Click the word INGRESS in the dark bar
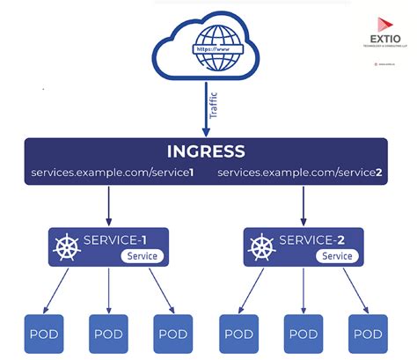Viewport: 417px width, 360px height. (207, 151)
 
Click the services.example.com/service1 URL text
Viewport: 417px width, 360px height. (112, 173)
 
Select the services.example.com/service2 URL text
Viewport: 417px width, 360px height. (299, 173)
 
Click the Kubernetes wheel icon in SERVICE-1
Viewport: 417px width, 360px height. (66, 246)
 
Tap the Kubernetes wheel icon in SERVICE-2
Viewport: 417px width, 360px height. (261, 246)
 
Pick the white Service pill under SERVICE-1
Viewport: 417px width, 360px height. (141, 256)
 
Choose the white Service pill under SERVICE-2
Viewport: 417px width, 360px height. (336, 256)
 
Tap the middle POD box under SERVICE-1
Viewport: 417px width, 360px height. (107, 334)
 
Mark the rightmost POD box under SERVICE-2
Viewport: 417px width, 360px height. (368, 334)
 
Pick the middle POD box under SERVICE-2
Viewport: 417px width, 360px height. (303, 334)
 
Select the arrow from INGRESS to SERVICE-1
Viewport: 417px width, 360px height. (109, 204)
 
